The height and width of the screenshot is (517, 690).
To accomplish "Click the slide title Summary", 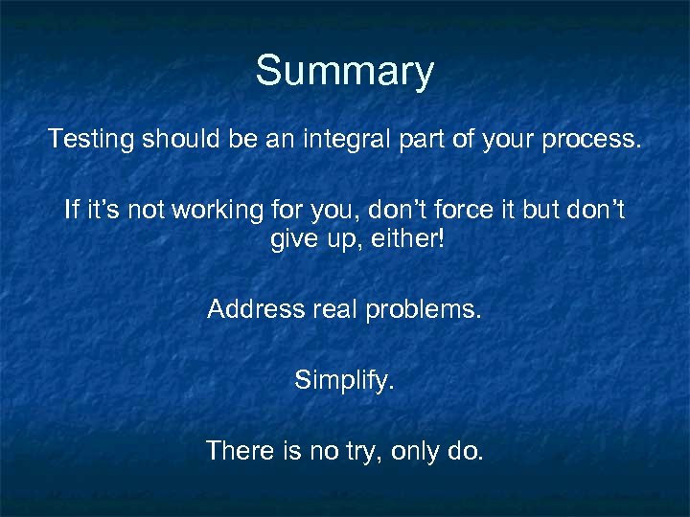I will pyautogui.click(x=344, y=72).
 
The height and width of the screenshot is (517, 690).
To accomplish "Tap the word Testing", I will pyautogui.click(x=92, y=140).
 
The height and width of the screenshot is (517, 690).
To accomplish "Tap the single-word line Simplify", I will pyautogui.click(x=344, y=381).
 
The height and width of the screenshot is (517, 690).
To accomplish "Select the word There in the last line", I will pyautogui.click(x=238, y=451).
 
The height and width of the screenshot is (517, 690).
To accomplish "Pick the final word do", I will pyautogui.click(x=467, y=451).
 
